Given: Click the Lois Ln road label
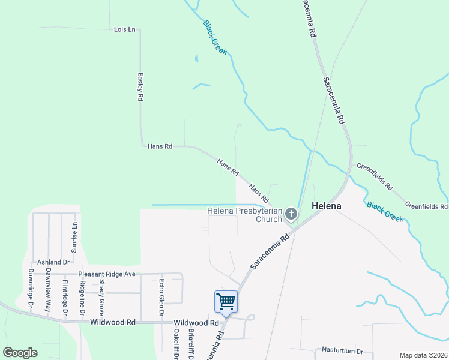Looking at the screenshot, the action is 124,29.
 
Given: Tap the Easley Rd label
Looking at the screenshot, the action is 140,86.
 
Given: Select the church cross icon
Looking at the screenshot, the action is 291,214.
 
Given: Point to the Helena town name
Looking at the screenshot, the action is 326,206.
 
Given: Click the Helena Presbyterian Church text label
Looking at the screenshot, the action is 244,215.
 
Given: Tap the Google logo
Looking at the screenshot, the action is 20,353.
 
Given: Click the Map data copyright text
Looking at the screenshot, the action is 423,355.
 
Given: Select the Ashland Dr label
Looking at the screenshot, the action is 53,262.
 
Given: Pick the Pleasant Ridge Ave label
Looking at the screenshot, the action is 107,274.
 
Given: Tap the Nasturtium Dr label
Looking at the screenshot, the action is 343,351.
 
